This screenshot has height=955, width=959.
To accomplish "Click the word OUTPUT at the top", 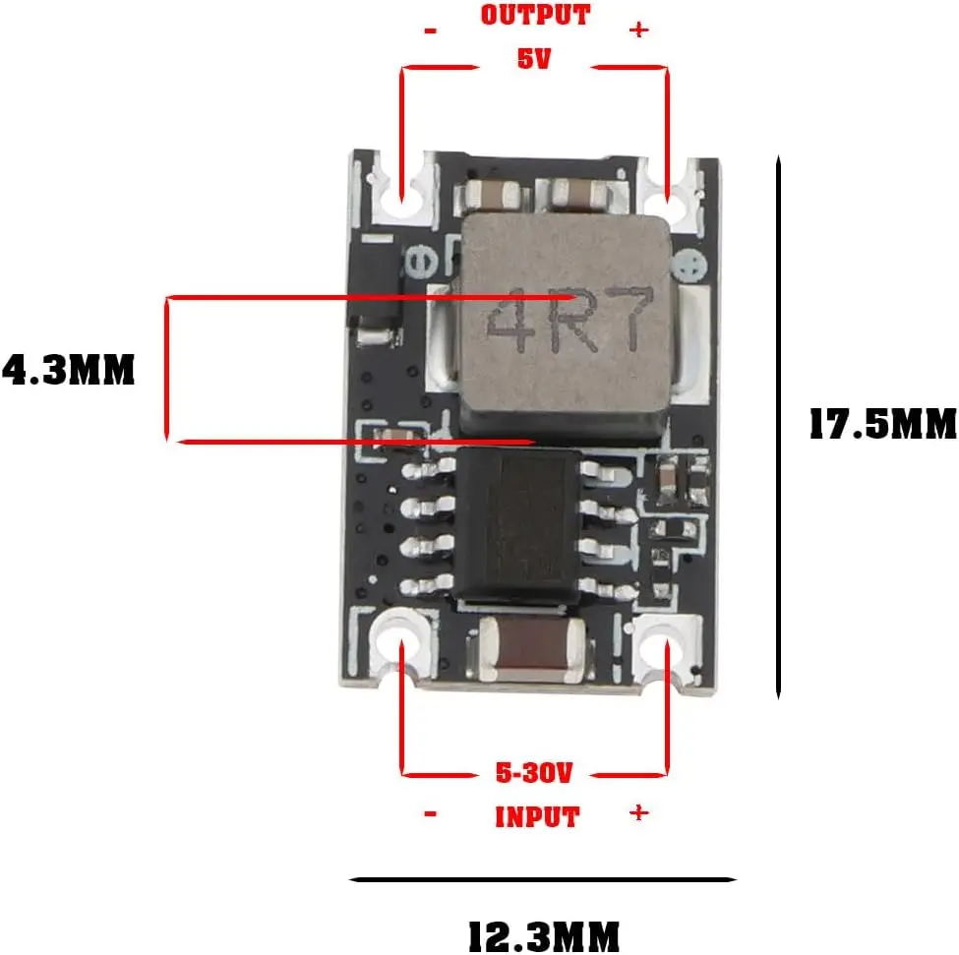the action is pyautogui.click(x=535, y=16).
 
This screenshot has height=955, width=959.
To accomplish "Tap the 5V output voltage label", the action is pyautogui.click(x=534, y=59).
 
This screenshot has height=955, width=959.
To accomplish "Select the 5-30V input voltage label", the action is pyautogui.click(x=534, y=773).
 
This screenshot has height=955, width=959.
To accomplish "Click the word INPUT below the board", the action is pyautogui.click(x=537, y=817).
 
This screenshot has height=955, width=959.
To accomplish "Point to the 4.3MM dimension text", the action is pyautogui.click(x=68, y=370).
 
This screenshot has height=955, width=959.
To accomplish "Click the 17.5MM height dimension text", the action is pyautogui.click(x=883, y=424).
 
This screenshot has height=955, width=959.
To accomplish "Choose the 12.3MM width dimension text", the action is pyautogui.click(x=544, y=936).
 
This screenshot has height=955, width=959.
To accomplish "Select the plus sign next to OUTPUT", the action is pyautogui.click(x=639, y=30).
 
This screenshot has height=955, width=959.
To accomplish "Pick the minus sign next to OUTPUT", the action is pyautogui.click(x=431, y=30).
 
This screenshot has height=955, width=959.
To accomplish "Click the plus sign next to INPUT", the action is pyautogui.click(x=639, y=812).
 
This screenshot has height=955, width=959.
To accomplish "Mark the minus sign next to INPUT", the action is pyautogui.click(x=431, y=813).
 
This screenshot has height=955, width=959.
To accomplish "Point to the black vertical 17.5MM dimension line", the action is pyautogui.click(x=778, y=427).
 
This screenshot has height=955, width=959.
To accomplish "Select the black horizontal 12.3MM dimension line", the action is pyautogui.click(x=543, y=880).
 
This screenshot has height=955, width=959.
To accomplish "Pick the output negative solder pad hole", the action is pyautogui.click(x=402, y=196).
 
